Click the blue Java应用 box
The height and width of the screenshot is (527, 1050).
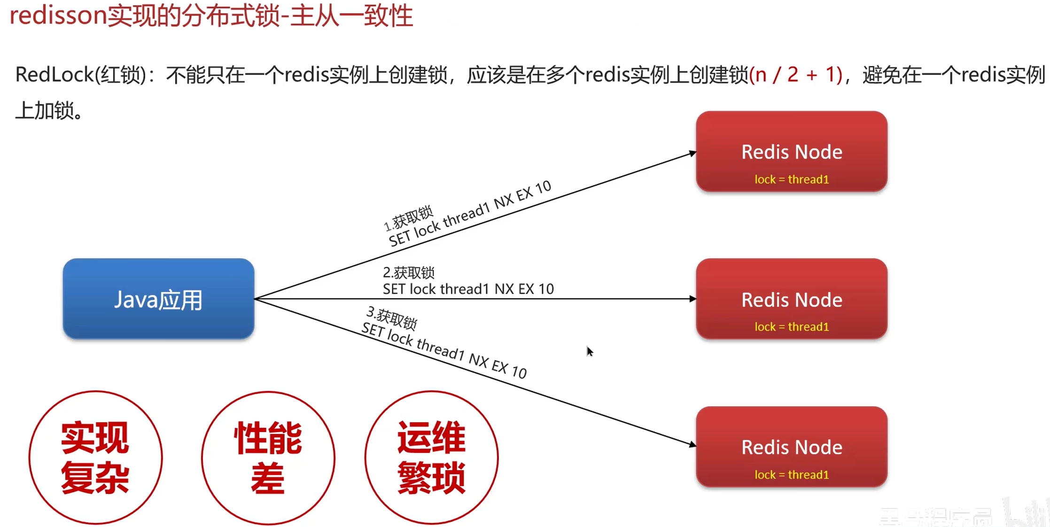[x=158, y=299]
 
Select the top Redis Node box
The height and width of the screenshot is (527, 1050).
[x=792, y=151]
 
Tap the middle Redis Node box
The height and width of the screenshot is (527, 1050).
[x=792, y=299]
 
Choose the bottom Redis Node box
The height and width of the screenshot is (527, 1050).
[x=792, y=447]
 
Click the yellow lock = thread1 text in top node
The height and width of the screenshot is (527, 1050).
[x=792, y=179]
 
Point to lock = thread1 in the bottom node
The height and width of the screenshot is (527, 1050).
[x=792, y=475]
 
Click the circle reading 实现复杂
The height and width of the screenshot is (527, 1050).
[x=95, y=457]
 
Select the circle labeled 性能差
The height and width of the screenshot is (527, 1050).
[x=268, y=457]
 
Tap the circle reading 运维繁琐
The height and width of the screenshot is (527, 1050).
[x=431, y=457]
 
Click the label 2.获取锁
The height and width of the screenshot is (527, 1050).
[x=409, y=272]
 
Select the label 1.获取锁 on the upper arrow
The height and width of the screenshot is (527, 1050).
[x=408, y=218]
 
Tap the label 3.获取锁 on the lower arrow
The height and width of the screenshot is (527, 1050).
[x=391, y=318]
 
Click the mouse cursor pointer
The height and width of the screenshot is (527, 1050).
[x=589, y=351]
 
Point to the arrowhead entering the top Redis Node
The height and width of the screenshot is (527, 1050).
[x=692, y=153]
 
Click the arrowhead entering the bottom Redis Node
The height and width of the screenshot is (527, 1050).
[x=692, y=444]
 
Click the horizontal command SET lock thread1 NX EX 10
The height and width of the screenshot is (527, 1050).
[x=468, y=289]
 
